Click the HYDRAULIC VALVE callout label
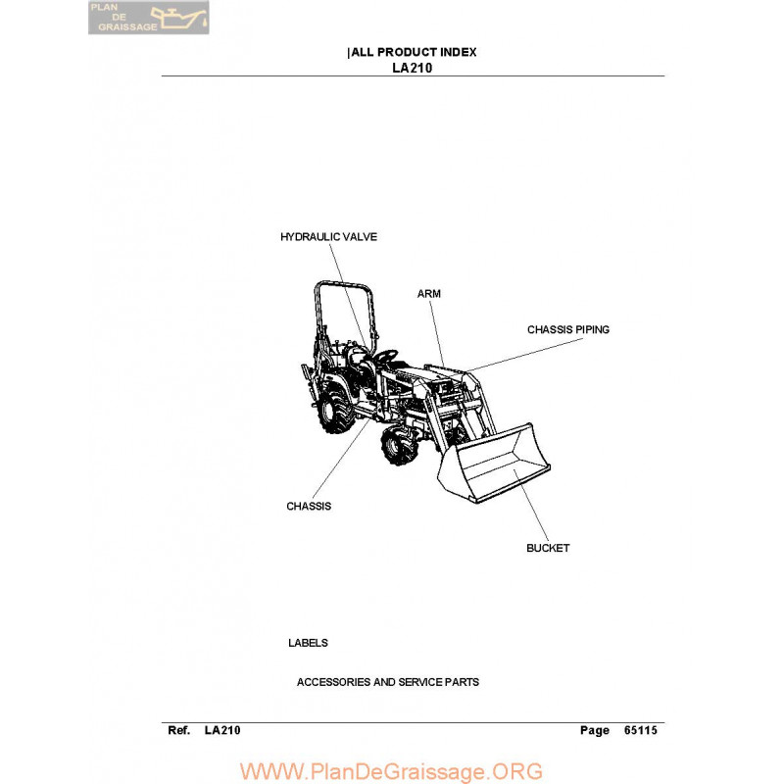pyautogui.click(x=328, y=237)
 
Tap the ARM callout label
pyautogui.click(x=429, y=294)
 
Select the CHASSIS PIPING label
pyautogui.click(x=568, y=329)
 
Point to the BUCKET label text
pyautogui.click(x=548, y=548)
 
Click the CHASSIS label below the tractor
pyautogui.click(x=309, y=506)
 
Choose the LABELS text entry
pyautogui.click(x=308, y=643)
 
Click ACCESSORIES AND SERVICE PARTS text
pyautogui.click(x=388, y=682)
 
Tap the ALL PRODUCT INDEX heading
pyautogui.click(x=414, y=52)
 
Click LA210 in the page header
pyautogui.click(x=413, y=68)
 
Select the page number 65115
pyautogui.click(x=641, y=730)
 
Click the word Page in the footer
pyautogui.click(x=595, y=731)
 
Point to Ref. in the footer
pyautogui.click(x=179, y=730)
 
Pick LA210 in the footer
pyautogui.click(x=222, y=730)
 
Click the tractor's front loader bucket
pyautogui.click(x=493, y=464)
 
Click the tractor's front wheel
pyautogui.click(x=399, y=445)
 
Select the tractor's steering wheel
pyautogui.click(x=386, y=356)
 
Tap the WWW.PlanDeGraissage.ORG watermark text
pyautogui.click(x=391, y=771)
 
